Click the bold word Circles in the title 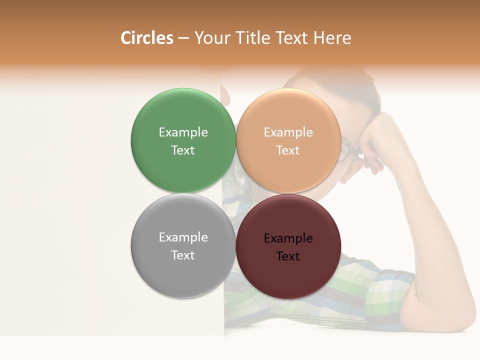pos(147,38)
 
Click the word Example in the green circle pos(183,132)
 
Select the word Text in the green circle pos(183,150)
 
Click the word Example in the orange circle pos(288,132)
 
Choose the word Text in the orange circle pos(288,150)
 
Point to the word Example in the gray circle pos(183,237)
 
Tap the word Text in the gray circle pos(183,255)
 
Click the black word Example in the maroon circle pos(288,238)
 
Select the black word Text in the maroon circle pos(288,256)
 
